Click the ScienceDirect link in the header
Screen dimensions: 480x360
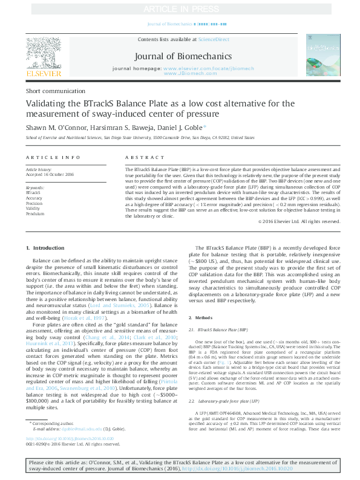pos(215,39)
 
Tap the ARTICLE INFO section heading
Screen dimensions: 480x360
pos(53,157)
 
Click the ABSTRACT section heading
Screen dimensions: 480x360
pos(139,157)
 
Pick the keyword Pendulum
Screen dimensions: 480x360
pos(35,214)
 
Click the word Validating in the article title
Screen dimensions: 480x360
pos(46,104)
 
